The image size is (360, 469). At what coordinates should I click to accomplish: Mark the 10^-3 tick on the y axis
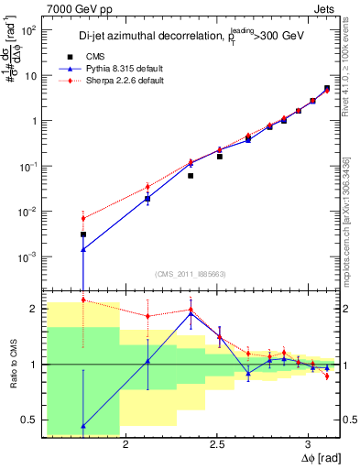tap(28, 256)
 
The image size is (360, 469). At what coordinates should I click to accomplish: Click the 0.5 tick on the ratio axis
tap(27, 420)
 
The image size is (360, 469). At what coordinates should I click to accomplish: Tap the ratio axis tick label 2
tap(31, 309)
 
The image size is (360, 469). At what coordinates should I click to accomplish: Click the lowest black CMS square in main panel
tap(83, 234)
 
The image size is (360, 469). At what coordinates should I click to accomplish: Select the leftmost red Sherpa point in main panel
tap(83, 218)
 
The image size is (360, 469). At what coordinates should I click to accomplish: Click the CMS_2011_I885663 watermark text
tap(184, 274)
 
